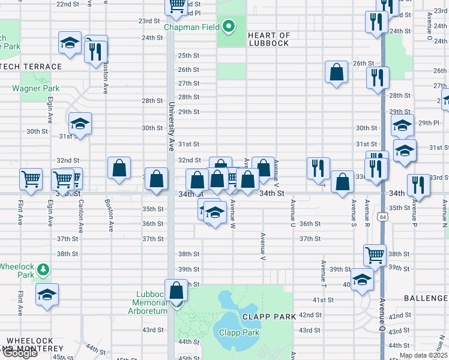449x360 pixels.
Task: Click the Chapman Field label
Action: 192,27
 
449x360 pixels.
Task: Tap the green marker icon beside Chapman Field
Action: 228,26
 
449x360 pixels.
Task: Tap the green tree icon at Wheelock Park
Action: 43,269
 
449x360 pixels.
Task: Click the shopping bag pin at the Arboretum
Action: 176,291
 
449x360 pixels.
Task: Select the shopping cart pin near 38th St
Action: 375,255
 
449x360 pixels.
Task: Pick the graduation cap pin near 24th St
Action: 70,43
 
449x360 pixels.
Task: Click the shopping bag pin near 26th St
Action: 337,72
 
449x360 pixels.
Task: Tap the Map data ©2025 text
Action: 423,355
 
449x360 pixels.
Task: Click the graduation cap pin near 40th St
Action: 362,280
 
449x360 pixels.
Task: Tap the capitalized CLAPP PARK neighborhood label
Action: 269,316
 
